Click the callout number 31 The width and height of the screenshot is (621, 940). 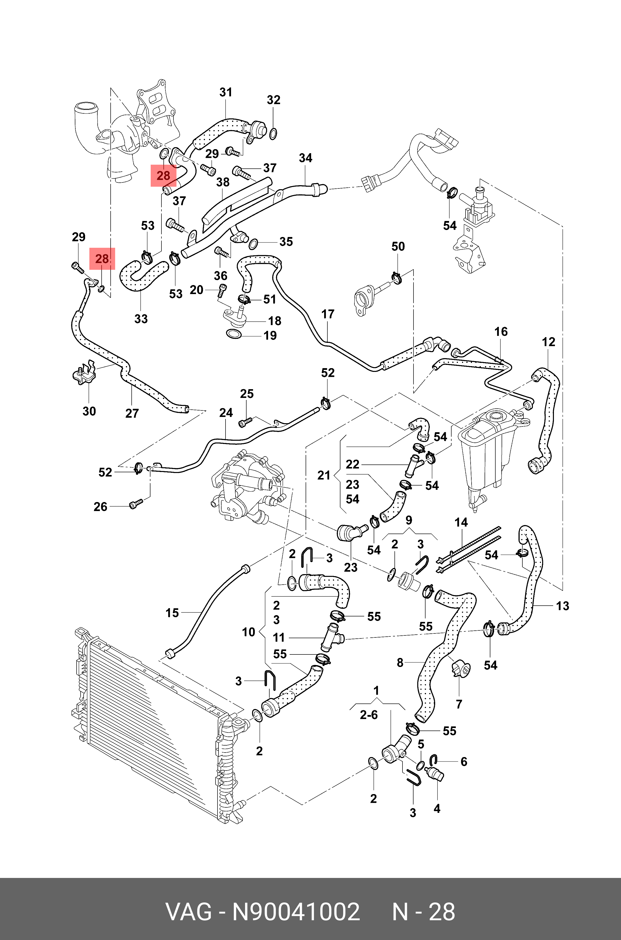[226, 92]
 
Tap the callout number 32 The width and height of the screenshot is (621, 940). [273, 100]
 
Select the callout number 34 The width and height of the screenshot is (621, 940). [305, 158]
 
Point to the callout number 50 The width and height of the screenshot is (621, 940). [398, 246]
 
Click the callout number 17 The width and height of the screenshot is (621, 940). [328, 314]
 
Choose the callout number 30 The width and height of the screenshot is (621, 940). [89, 411]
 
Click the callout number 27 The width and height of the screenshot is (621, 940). [132, 413]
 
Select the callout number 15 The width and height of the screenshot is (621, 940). [172, 613]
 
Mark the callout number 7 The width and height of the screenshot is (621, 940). [459, 704]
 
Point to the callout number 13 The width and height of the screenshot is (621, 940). [562, 606]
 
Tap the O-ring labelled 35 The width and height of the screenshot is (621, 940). [253, 244]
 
